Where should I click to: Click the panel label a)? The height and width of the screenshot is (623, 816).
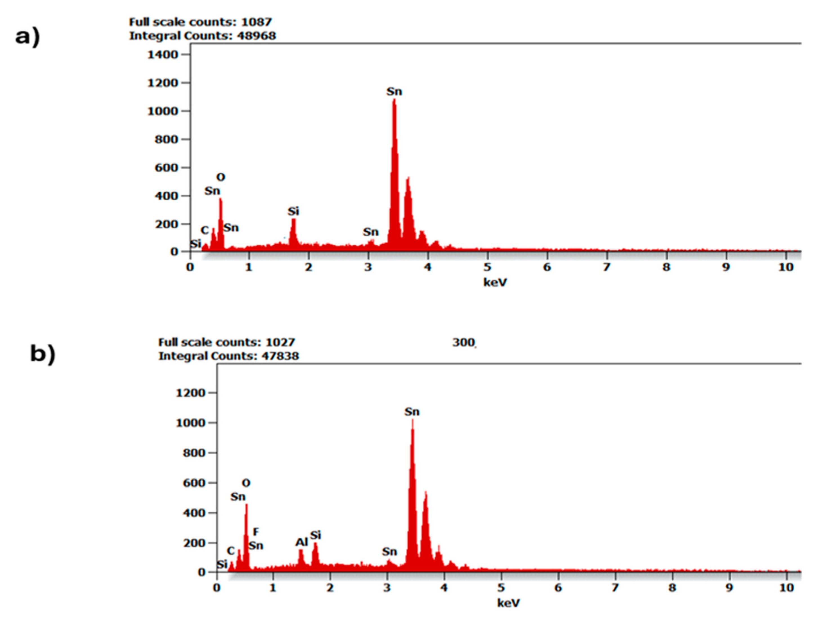pyautogui.click(x=28, y=37)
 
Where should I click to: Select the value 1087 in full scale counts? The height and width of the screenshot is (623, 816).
pyautogui.click(x=256, y=22)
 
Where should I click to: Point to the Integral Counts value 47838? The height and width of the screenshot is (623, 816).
pyautogui.click(x=280, y=356)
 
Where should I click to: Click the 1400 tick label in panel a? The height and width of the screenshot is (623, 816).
pyautogui.click(x=163, y=55)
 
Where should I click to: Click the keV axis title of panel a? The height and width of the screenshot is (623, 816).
pyautogui.click(x=495, y=282)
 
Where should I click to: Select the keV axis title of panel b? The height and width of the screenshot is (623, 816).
pyautogui.click(x=508, y=603)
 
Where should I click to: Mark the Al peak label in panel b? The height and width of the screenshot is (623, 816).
pyautogui.click(x=302, y=542)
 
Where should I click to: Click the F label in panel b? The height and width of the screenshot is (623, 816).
pyautogui.click(x=255, y=532)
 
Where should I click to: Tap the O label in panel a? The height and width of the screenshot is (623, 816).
pyautogui.click(x=221, y=177)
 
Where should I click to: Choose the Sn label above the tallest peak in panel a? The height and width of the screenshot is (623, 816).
pyautogui.click(x=394, y=92)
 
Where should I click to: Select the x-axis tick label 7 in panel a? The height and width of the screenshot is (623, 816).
pyautogui.click(x=606, y=267)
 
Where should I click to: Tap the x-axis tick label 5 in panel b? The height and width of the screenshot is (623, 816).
pyautogui.click(x=501, y=588)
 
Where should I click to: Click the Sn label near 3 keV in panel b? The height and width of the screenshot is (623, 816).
pyautogui.click(x=389, y=551)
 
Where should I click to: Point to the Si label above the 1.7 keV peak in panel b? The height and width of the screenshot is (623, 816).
pyautogui.click(x=316, y=535)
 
